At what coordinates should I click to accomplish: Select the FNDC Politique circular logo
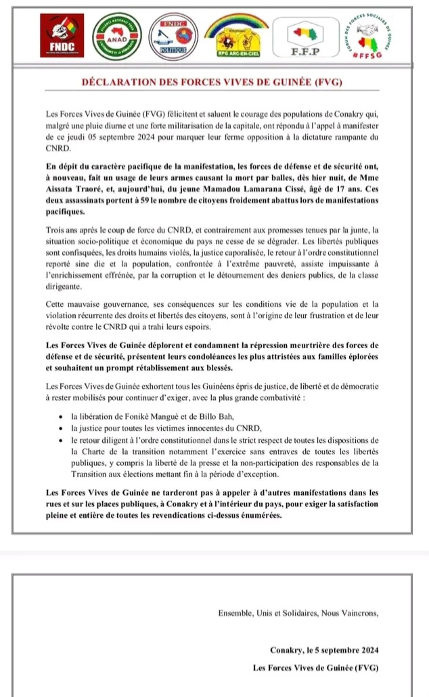click(173, 37)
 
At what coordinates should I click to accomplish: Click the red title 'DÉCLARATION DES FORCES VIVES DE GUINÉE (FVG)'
click(214, 83)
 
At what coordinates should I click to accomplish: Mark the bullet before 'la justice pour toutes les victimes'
click(63, 428)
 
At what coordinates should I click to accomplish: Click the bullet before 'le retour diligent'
click(63, 439)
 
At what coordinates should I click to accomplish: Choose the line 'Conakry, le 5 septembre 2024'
click(324, 650)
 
